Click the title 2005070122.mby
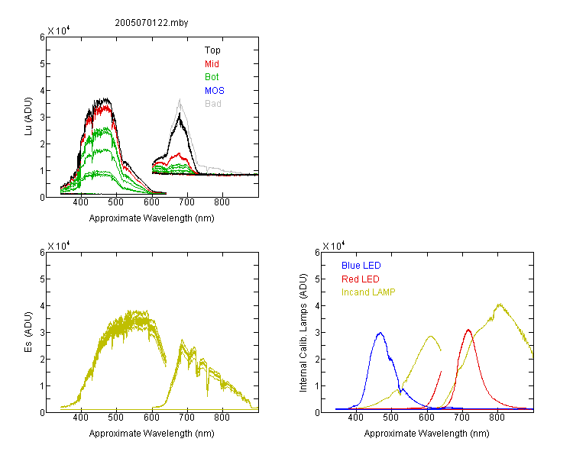151,23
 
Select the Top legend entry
212,50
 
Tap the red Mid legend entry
212,64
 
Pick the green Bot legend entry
212,77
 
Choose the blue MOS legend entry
215,91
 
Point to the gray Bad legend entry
212,104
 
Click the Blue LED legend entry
361,266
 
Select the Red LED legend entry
361,279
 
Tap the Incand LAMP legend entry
368,292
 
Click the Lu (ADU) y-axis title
28,117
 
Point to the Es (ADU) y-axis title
28,332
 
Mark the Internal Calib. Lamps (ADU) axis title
303,333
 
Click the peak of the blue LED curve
380,333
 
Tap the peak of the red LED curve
468,330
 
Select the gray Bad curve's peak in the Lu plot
180,99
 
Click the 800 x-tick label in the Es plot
222,417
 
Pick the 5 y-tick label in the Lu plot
42,64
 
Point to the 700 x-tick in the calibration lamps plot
462,417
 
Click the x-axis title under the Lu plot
152,218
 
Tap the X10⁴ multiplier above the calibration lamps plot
333,246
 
